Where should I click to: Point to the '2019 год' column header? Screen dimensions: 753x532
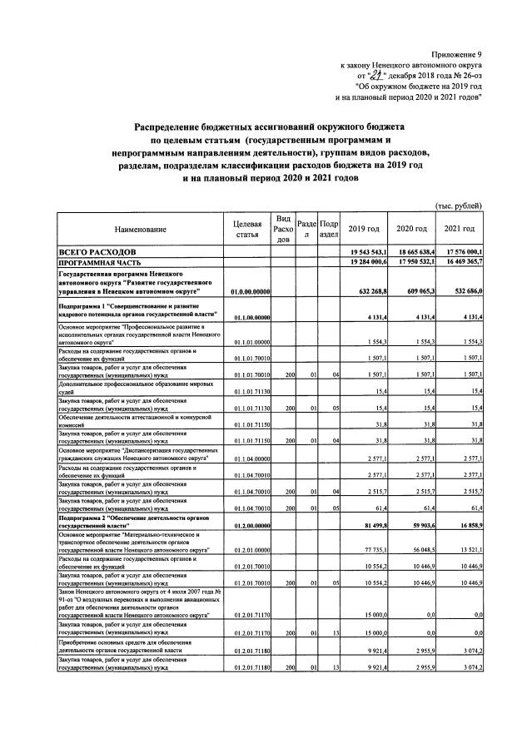pos(364,229)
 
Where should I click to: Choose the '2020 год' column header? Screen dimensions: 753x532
pos(412,229)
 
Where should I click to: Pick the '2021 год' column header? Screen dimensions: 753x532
pos(460,229)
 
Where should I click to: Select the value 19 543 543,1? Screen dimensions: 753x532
pos(365,250)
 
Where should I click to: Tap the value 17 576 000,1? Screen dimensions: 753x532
pos(460,250)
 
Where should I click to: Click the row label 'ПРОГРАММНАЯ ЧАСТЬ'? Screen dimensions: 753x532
pos(98,261)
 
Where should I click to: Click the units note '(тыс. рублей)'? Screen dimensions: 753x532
pos(459,206)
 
